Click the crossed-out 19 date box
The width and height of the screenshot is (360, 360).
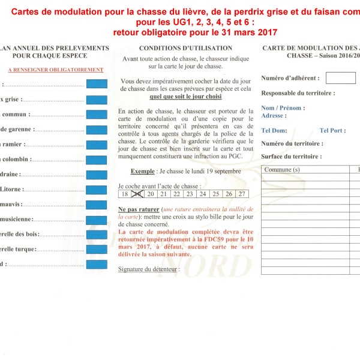[137, 194]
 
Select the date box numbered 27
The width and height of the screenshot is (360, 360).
[241, 194]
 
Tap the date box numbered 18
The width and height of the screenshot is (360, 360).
[124, 194]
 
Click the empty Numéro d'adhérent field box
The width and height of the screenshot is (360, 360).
[341, 78]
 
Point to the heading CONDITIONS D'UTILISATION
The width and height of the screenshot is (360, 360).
[185, 48]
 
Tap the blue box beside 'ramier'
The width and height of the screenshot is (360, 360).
[97, 145]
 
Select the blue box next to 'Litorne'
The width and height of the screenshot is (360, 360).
[97, 190]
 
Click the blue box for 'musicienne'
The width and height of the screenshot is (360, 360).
[97, 220]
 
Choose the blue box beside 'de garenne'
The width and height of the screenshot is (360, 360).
[97, 129]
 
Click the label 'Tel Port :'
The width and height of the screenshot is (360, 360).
[332, 130]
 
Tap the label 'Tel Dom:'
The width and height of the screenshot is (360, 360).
[274, 130]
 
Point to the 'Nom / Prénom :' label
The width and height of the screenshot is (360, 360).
[283, 108]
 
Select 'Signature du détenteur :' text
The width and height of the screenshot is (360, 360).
[148, 269]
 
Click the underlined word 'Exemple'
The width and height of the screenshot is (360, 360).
[143, 171]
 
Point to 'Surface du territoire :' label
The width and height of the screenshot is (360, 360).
[292, 156]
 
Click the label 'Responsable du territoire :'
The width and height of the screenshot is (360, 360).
[298, 93]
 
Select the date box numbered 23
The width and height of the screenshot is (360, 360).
[189, 194]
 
